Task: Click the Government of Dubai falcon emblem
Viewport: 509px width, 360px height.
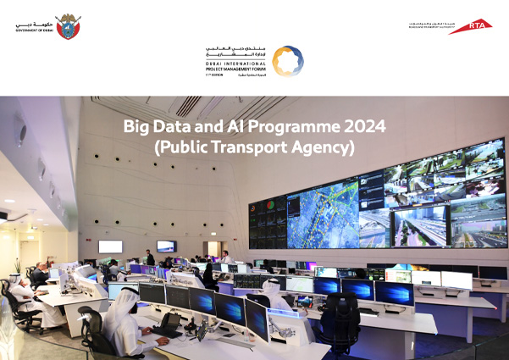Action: (x=67, y=25)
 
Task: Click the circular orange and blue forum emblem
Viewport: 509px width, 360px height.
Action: (x=288, y=61)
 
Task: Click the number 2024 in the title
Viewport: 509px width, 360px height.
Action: (x=366, y=126)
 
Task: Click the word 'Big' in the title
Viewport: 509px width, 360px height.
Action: (x=136, y=127)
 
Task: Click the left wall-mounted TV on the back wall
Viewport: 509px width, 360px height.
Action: (x=110, y=246)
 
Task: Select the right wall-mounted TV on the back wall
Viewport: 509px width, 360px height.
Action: (x=167, y=246)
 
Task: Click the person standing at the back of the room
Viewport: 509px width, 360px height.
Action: (x=150, y=257)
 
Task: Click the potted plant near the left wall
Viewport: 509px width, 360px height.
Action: (x=16, y=269)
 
